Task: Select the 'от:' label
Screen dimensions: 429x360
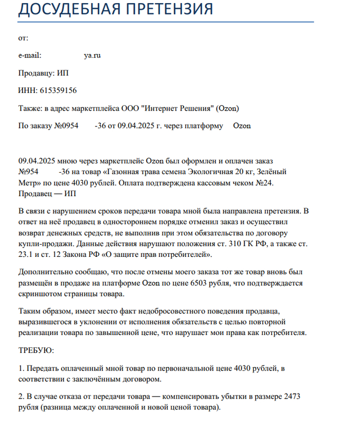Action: tap(23, 38)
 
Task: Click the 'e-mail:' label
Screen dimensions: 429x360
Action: tap(29, 55)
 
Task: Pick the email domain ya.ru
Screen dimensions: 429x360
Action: tap(93, 55)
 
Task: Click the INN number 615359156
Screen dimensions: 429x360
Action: tap(59, 90)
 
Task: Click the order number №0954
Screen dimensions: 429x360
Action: tap(66, 126)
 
